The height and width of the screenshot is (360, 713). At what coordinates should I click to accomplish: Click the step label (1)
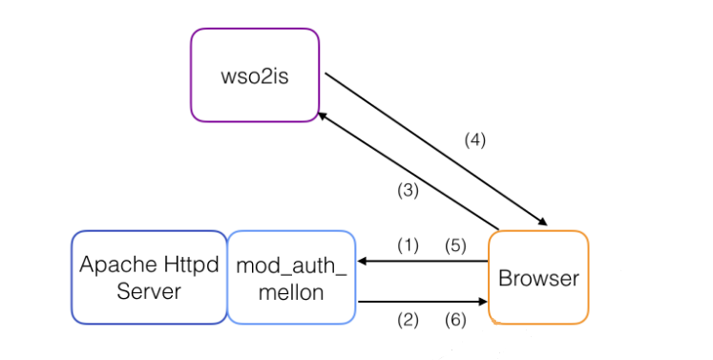tap(408, 245)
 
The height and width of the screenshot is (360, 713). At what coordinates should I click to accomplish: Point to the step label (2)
tap(408, 321)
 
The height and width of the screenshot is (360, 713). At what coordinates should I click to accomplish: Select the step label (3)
tap(408, 191)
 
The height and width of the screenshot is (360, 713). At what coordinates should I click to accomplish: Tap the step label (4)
tap(475, 139)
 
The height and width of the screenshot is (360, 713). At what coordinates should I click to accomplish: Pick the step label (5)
tap(455, 245)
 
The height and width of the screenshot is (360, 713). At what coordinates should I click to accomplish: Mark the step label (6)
tap(455, 321)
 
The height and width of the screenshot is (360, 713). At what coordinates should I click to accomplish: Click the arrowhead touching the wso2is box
tap(322, 116)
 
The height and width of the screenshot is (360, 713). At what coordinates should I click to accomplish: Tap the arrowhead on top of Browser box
tap(542, 222)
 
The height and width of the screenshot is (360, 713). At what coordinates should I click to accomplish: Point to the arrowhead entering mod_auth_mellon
tap(362, 262)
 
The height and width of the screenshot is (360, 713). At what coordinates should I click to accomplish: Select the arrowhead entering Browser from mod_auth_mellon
tap(483, 302)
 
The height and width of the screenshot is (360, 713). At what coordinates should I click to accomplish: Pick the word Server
tap(149, 291)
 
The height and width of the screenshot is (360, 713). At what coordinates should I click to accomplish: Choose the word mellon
tap(291, 292)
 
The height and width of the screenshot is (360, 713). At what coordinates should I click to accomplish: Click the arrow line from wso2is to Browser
tap(436, 149)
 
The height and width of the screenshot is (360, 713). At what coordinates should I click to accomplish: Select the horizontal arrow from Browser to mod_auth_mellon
tap(423, 262)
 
